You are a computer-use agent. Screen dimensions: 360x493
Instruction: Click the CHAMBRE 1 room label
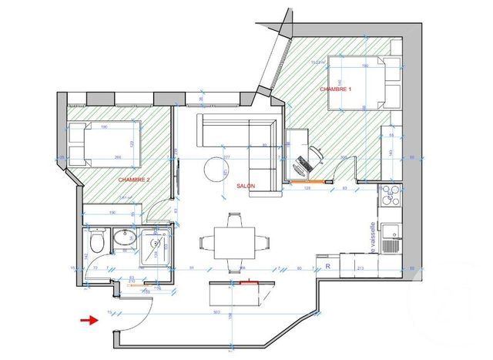[336, 90]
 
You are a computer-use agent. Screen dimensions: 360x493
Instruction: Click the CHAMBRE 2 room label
[134, 179]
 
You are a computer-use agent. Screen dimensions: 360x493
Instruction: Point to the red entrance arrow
[89, 320]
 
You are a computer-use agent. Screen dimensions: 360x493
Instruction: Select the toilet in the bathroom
[96, 243]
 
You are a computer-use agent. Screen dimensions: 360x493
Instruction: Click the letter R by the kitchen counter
[328, 267]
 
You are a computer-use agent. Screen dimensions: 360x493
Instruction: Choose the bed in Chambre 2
[105, 144]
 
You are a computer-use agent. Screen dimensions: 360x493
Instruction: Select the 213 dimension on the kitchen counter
[361, 268]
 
